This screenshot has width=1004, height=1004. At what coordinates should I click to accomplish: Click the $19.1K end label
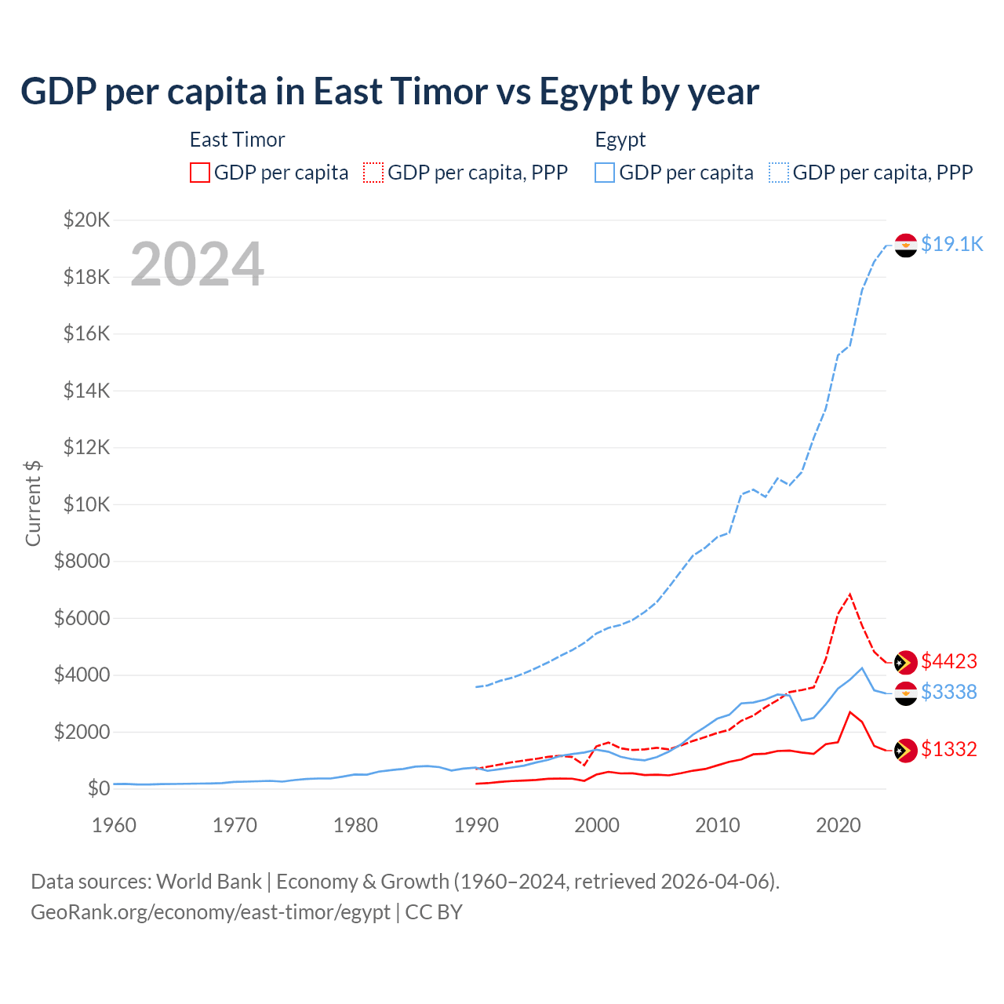coord(951,244)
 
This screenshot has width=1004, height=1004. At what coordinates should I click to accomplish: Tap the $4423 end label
coord(949,661)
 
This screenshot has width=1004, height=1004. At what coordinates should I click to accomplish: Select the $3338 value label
coord(949,692)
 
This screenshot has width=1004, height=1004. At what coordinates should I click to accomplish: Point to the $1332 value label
coord(949,749)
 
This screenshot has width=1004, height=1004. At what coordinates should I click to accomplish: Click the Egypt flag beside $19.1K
coord(906,246)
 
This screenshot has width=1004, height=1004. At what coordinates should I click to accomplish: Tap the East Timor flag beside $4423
coord(906,662)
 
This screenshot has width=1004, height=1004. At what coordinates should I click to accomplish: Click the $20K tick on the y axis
coord(87,220)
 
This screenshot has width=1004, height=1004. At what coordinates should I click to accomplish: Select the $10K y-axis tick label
coord(87,504)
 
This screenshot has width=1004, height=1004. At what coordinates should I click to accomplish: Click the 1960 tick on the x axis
coord(115,825)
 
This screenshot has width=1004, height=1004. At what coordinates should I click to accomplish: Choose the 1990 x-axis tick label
coord(477,825)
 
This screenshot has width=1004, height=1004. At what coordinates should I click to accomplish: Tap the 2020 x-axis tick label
coord(838,825)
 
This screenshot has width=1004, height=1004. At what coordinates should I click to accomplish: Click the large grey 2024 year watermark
coord(197,264)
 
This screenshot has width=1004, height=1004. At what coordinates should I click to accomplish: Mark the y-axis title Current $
coord(33,504)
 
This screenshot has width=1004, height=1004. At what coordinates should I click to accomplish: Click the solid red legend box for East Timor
coord(200,173)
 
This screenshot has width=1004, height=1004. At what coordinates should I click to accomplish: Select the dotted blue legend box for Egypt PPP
coord(779,173)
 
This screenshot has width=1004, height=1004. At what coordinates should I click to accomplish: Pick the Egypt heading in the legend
coord(620,140)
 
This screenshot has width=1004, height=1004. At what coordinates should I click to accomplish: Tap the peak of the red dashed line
coord(850,594)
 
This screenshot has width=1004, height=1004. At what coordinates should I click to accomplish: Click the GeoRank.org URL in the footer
coord(210,912)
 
